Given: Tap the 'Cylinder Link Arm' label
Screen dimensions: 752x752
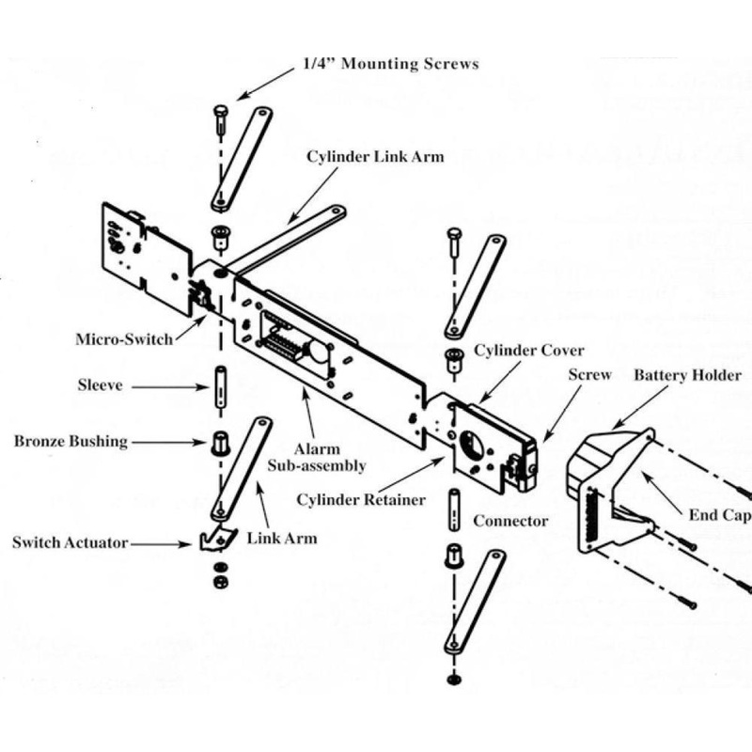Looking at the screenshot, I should (x=375, y=156).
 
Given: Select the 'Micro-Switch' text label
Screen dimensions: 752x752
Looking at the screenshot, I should (x=124, y=338).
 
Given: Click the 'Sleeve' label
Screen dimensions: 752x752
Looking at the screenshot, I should (x=101, y=384).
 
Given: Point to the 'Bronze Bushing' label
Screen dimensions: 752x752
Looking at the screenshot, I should (x=70, y=441).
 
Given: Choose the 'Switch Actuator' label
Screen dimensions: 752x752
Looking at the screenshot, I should (x=70, y=542).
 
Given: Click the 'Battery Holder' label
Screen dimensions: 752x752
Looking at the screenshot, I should (x=687, y=375).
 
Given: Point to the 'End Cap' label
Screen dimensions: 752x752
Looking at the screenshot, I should (x=720, y=514).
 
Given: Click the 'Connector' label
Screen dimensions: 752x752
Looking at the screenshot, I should (x=510, y=520).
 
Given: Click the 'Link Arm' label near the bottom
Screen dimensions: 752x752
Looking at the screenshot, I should (x=281, y=538).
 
